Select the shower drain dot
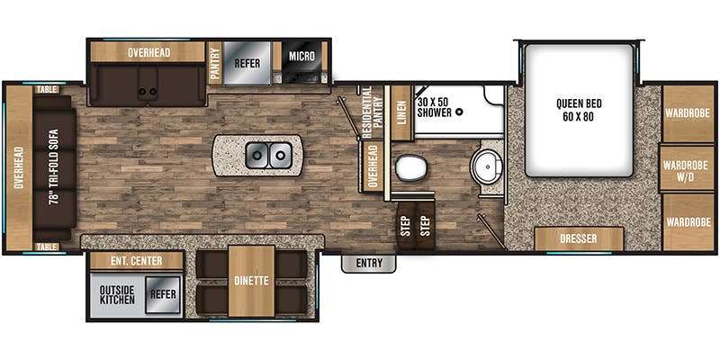[x=459, y=112]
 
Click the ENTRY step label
[x=369, y=263]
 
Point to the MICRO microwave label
[x=301, y=56]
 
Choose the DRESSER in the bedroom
[x=579, y=238]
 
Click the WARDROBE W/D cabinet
[x=688, y=169]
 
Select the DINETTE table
[x=251, y=281]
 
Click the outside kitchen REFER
[x=163, y=295]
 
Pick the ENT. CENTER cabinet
[x=136, y=261]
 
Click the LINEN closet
[x=400, y=113]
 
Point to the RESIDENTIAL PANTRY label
[x=372, y=112]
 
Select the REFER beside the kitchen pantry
[x=247, y=63]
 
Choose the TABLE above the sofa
[x=47, y=90]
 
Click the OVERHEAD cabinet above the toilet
[x=373, y=166]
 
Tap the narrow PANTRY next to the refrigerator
[x=214, y=63]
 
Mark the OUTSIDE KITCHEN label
[x=117, y=295]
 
